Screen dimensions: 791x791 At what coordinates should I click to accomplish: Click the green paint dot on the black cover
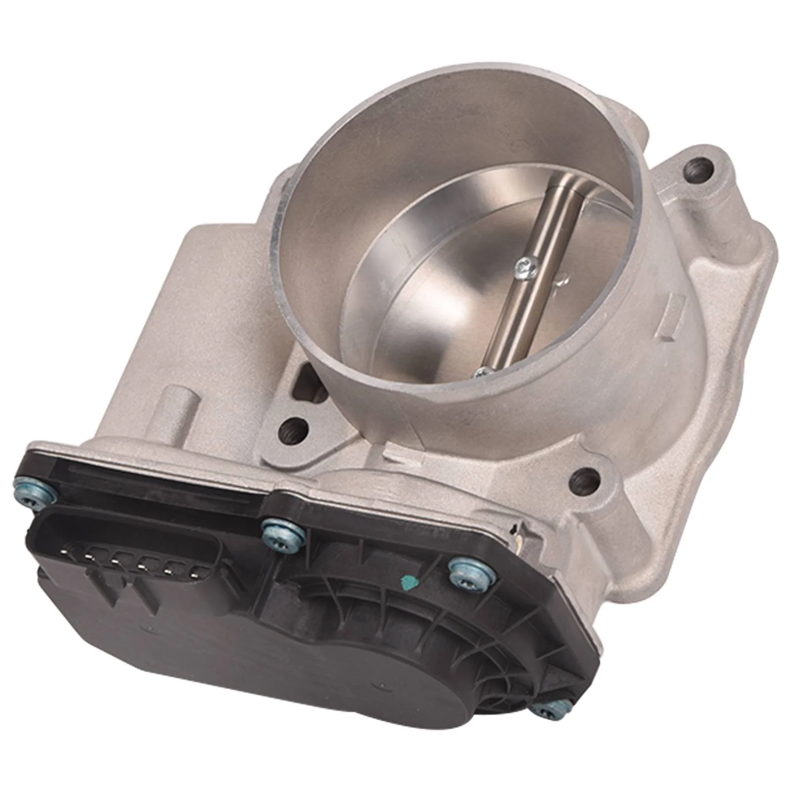tap(408, 580)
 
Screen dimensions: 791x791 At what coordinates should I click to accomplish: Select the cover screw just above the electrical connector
tap(281, 532)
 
